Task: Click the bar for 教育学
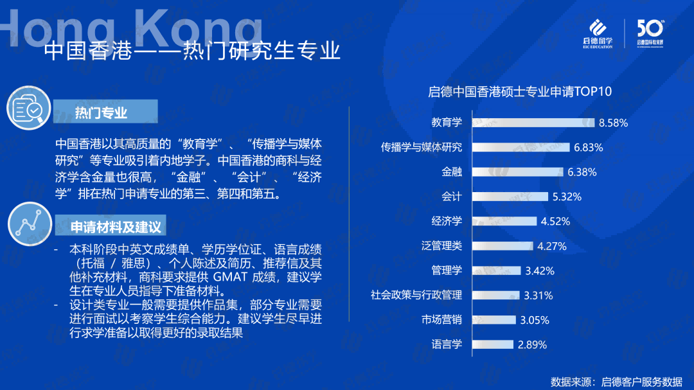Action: point(533,123)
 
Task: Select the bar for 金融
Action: point(517,172)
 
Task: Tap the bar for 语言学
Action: point(493,344)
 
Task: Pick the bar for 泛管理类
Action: point(503,245)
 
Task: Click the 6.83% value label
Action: point(588,147)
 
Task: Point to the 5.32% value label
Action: point(567,197)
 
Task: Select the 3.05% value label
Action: point(534,320)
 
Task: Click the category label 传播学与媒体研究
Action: point(422,147)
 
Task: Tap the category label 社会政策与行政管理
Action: point(416,295)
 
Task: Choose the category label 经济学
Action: point(447,221)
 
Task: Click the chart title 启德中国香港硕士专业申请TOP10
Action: point(520,92)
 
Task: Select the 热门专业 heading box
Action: point(105,111)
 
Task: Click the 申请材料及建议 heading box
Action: point(111,226)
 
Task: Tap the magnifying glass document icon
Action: point(29,108)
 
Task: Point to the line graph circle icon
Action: point(30,224)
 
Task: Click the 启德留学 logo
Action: point(598,33)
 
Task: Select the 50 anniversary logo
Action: point(650,33)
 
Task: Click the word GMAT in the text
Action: point(229,277)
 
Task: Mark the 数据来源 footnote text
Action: point(616,381)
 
